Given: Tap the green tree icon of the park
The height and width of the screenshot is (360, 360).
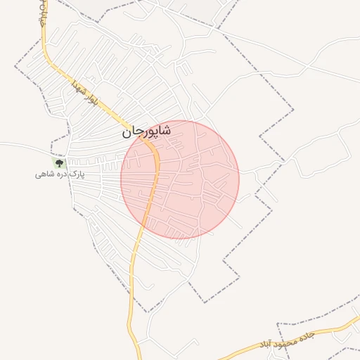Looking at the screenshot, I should coord(59,162).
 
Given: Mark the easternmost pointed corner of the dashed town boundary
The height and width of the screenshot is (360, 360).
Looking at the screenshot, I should coord(293,110).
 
